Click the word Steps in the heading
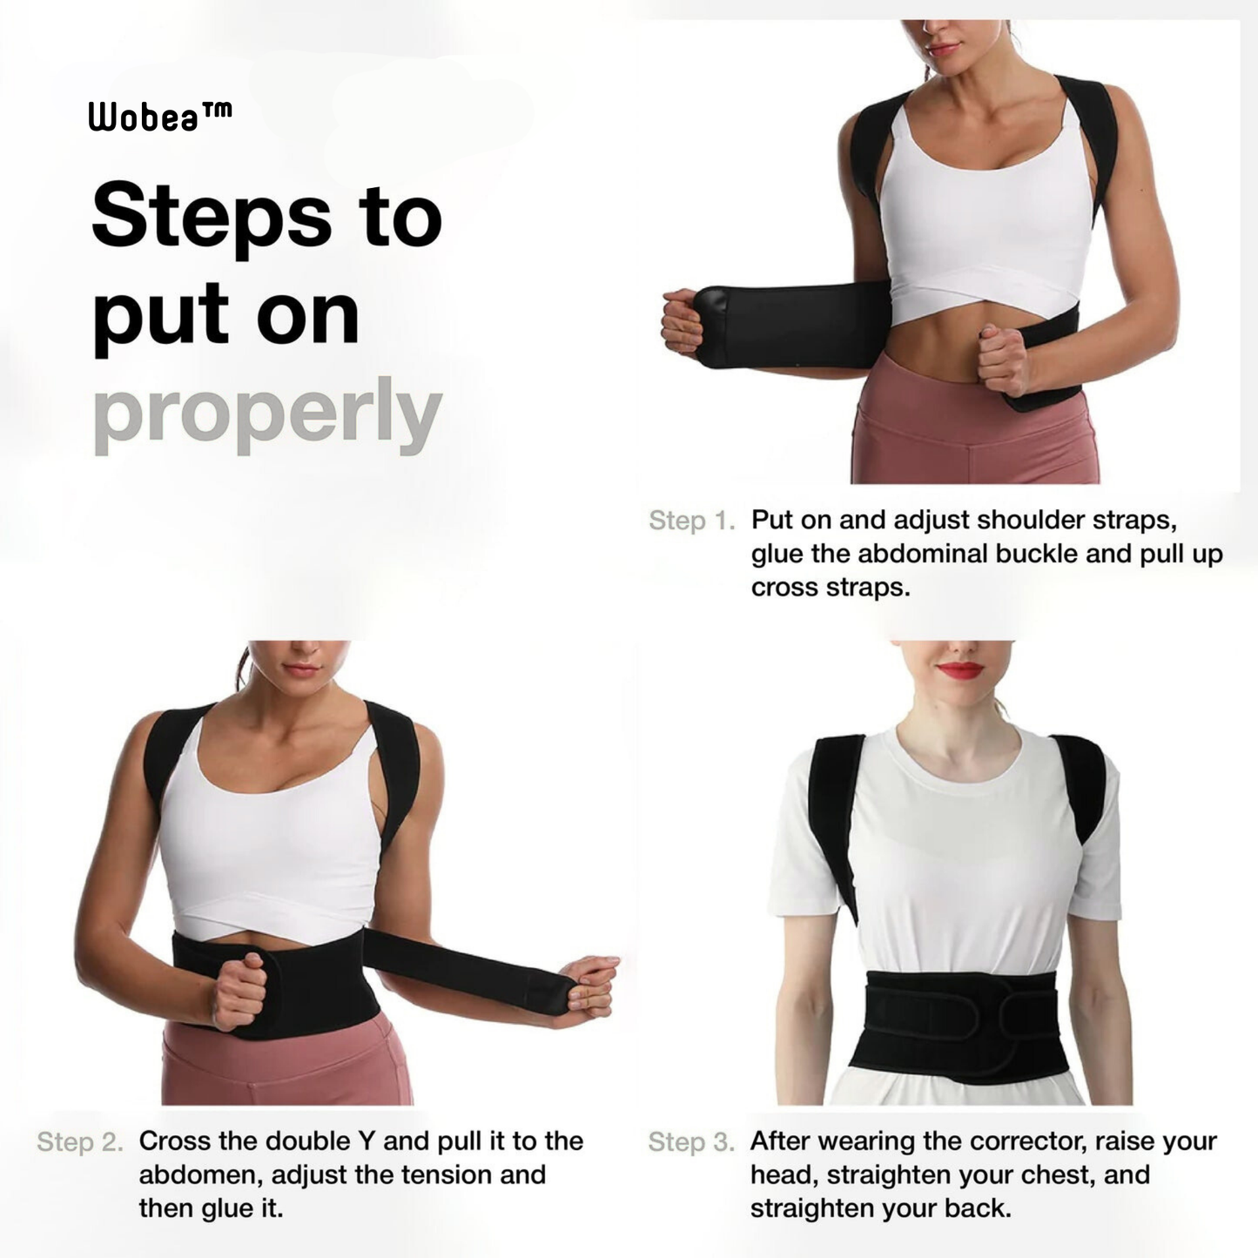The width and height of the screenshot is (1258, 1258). (212, 216)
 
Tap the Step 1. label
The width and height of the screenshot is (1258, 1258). (691, 521)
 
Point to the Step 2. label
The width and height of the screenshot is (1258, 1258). (80, 1141)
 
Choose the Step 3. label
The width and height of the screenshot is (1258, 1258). (691, 1141)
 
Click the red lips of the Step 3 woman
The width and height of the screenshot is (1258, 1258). (960, 670)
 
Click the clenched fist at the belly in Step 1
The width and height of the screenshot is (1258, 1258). (1003, 359)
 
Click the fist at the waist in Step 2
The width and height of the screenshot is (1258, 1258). (238, 991)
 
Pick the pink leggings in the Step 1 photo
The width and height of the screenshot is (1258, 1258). (975, 435)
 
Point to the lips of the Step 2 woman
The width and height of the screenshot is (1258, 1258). (301, 669)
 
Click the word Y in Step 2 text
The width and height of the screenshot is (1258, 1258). (366, 1141)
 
